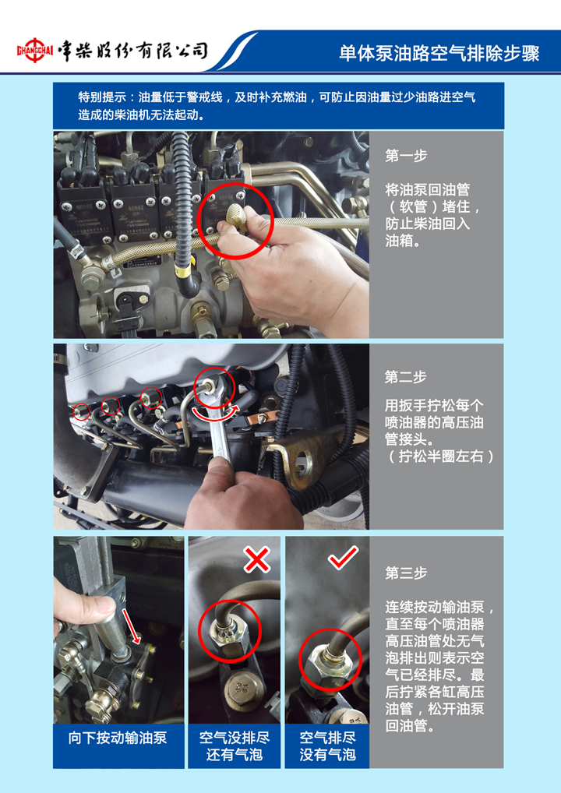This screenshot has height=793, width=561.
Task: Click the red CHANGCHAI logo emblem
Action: coord(34,50)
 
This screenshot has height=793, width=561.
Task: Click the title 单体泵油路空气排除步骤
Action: coord(439,53)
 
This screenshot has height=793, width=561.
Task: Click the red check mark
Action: coord(343,558)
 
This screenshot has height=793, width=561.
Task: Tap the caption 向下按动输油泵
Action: coord(118,738)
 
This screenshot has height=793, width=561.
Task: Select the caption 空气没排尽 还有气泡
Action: coord(235,746)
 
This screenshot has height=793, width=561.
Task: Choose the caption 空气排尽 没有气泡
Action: coord(328,746)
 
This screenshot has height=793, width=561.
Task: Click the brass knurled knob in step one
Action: coord(236,217)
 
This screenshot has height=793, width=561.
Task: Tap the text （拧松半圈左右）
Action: coord(439,456)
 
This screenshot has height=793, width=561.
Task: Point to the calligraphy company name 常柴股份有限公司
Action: coord(132,51)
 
